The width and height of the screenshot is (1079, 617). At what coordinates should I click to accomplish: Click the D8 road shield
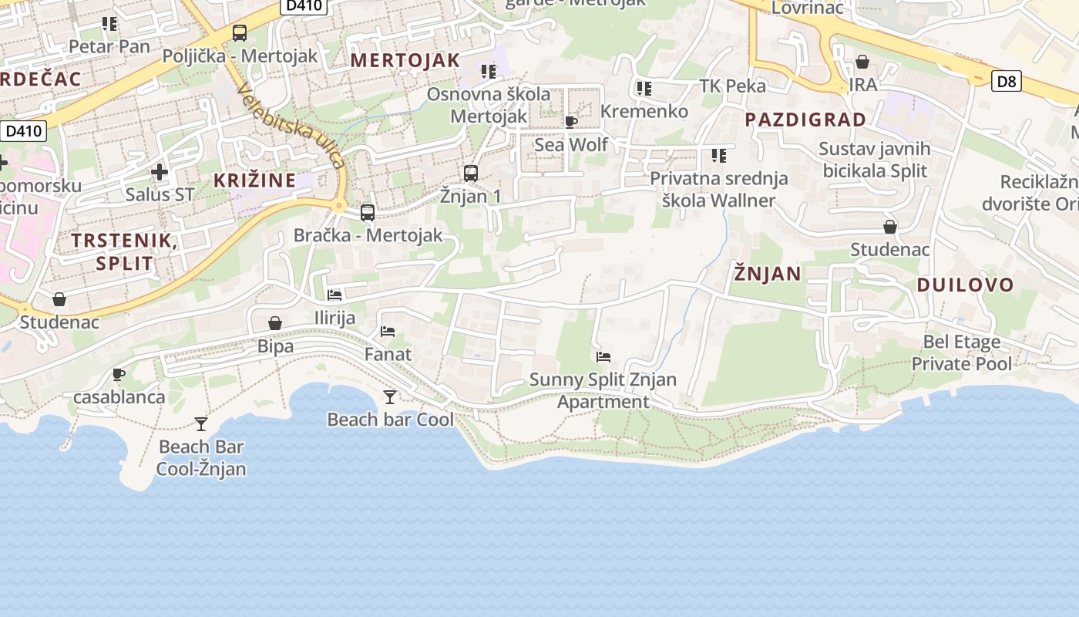1006,81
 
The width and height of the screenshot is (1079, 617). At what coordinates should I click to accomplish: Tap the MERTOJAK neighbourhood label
405,60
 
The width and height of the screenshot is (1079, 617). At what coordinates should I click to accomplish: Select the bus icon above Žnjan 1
470,173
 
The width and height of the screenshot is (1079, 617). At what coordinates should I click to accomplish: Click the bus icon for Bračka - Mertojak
368,212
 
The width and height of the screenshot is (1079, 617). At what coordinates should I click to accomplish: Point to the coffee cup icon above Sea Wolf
570,122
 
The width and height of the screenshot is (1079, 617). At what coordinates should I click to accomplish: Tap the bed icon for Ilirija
334,295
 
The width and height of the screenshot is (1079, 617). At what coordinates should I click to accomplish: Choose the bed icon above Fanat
388,332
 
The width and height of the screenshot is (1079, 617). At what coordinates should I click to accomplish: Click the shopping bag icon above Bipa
275,323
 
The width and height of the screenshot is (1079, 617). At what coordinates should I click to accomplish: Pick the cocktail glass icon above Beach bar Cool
390,396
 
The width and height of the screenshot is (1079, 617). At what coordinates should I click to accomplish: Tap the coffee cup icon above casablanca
119,374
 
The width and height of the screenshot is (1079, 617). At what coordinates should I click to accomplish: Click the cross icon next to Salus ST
160,171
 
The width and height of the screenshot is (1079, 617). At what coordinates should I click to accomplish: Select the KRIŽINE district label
254,180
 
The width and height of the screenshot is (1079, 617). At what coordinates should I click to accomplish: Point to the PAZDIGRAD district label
805,120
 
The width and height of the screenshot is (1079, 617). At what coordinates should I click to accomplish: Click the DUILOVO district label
965,285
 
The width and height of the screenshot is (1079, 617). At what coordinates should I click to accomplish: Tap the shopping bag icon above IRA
862,61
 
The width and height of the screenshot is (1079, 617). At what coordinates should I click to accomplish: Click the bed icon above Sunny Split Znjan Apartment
603,357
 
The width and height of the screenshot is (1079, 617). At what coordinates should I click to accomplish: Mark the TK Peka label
732,86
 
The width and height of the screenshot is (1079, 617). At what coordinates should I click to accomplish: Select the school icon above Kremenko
644,89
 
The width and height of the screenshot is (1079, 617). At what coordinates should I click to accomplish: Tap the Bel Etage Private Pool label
961,352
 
